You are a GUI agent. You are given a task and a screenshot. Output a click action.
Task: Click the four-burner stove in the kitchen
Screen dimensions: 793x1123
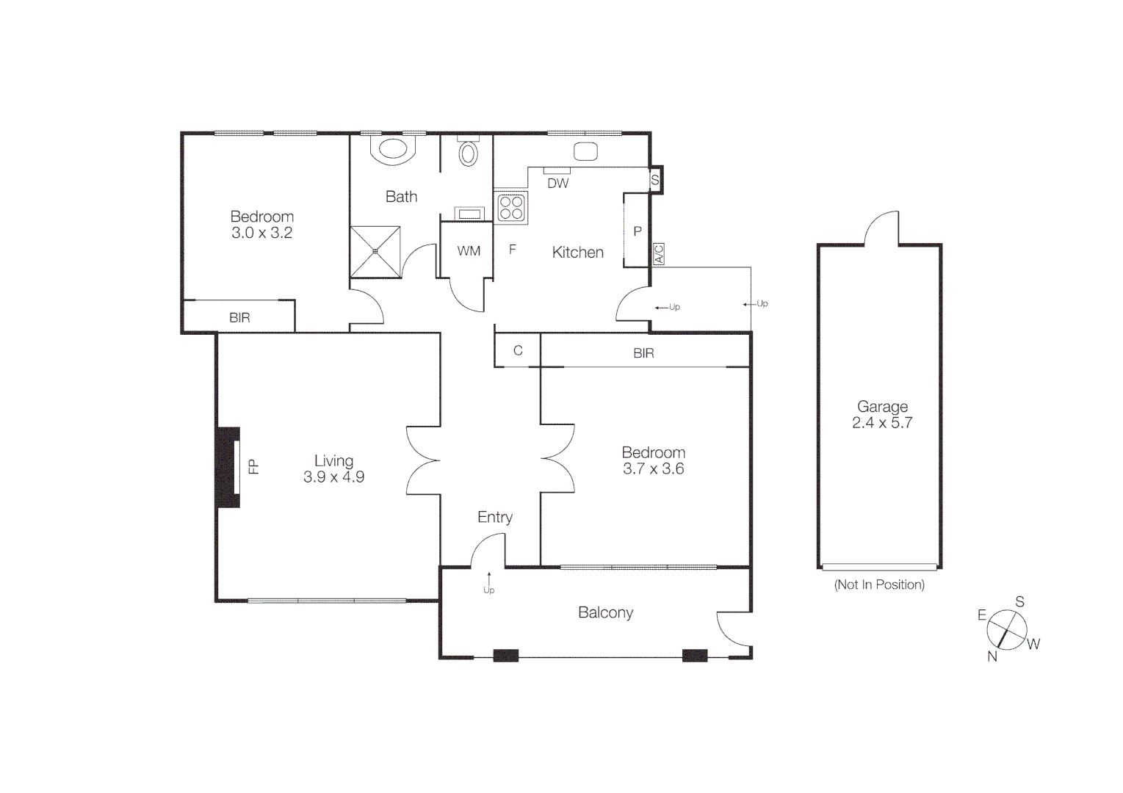(x=511, y=207)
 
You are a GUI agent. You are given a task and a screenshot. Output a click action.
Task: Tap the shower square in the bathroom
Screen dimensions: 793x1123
(x=375, y=252)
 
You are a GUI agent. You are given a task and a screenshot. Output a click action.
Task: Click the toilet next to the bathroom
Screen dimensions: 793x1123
(x=468, y=153)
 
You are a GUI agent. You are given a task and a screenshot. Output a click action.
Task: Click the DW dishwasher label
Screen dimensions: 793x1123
(x=557, y=184)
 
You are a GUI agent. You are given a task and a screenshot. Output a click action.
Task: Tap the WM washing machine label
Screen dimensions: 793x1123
(x=469, y=251)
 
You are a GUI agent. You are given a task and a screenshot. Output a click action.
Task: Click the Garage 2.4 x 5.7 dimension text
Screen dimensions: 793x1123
(x=881, y=423)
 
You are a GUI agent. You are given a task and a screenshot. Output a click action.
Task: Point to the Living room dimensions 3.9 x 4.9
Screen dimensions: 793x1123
(x=333, y=477)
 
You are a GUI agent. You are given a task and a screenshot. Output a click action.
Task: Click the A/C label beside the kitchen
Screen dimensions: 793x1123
(x=658, y=254)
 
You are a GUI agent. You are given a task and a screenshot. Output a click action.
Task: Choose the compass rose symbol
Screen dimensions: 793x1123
(x=1006, y=630)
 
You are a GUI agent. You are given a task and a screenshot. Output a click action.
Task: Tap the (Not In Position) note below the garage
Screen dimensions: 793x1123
(x=879, y=584)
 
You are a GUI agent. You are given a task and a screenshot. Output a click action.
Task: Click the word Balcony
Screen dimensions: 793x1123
(x=605, y=612)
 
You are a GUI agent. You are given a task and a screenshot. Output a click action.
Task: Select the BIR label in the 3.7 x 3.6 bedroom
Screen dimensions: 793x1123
(x=643, y=353)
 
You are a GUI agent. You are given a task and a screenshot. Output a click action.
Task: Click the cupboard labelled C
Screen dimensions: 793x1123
(x=518, y=350)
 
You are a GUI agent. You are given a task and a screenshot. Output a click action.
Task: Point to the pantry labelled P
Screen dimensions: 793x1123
(x=637, y=231)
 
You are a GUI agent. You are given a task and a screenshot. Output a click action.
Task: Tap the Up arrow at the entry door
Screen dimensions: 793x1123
(x=488, y=584)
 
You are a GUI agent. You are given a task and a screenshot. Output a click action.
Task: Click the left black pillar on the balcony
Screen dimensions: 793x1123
(x=505, y=656)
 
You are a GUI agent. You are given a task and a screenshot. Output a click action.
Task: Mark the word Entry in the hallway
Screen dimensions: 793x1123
(x=494, y=517)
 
